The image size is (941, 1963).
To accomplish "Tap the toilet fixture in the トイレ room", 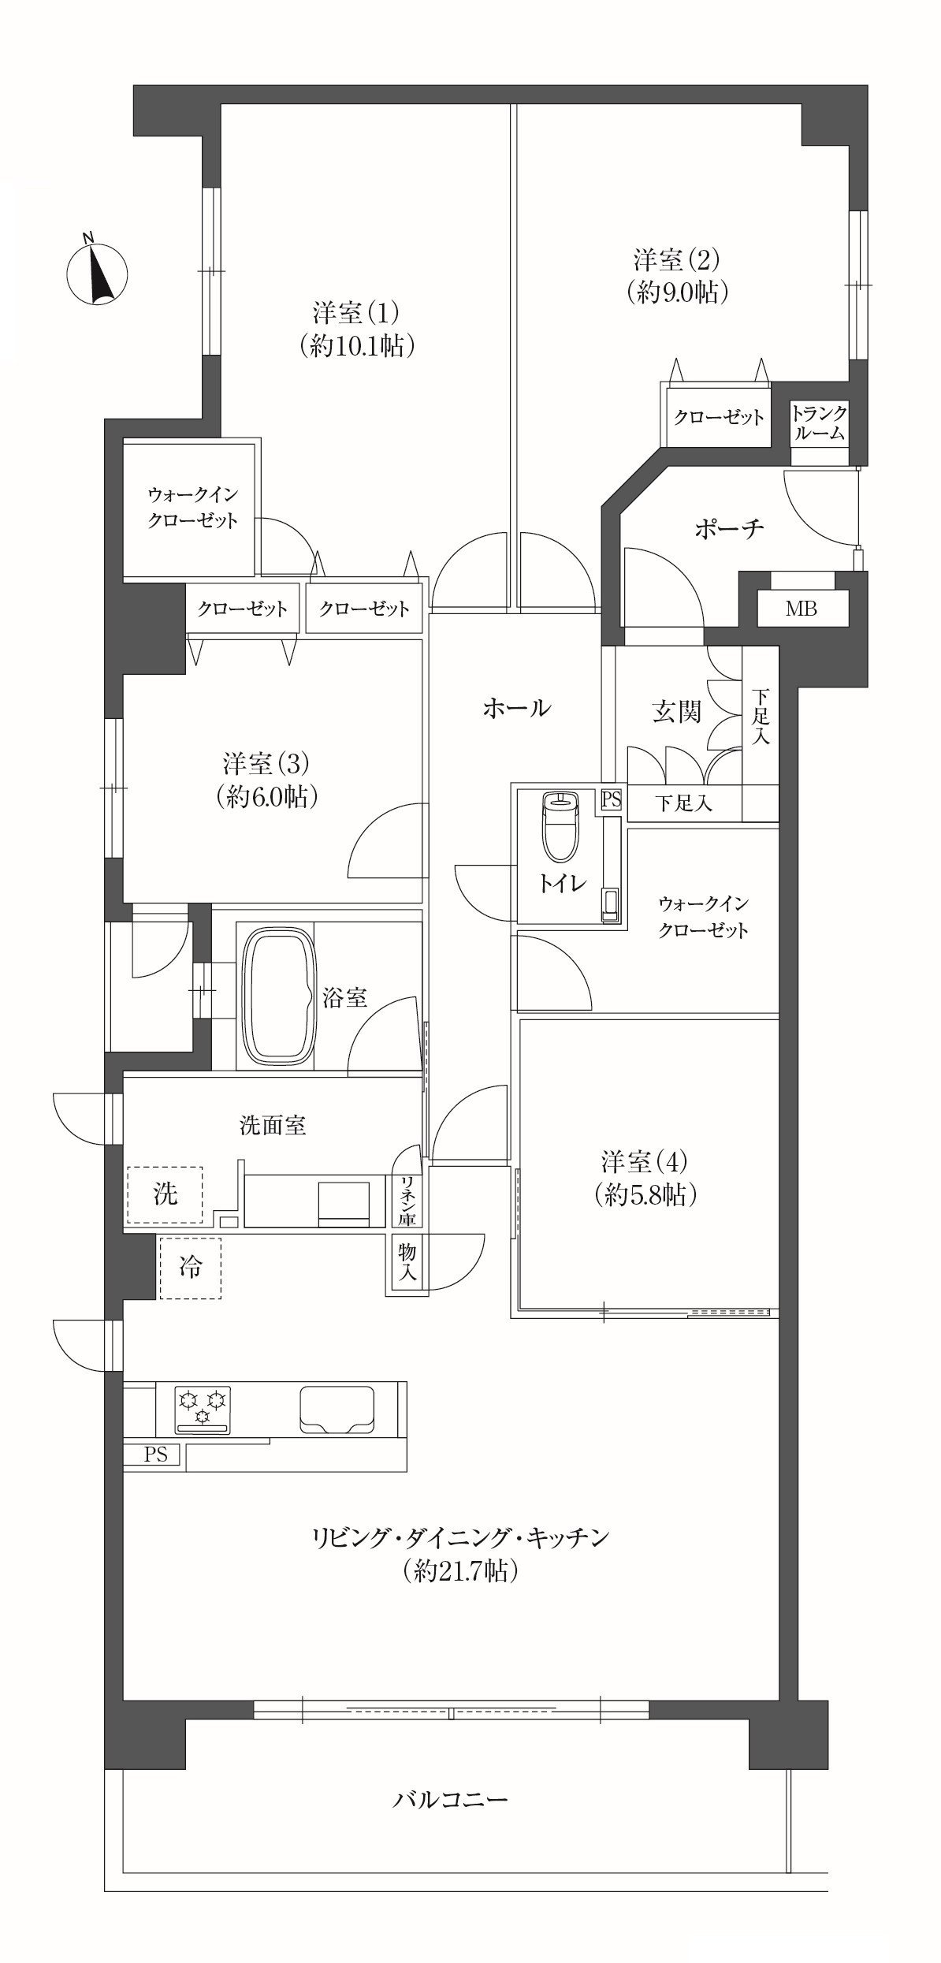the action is (560, 827).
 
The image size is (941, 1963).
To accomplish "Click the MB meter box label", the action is (801, 609).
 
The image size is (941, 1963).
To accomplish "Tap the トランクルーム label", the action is (820, 423).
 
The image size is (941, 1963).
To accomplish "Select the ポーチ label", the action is (729, 528).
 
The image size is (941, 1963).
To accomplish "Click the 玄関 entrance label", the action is (676, 713).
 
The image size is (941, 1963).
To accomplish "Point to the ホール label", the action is (517, 708).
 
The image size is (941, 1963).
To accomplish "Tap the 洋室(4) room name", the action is (645, 1161).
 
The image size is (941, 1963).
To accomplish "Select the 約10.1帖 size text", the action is (357, 346).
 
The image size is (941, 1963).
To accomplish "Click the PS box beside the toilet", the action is (612, 799).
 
